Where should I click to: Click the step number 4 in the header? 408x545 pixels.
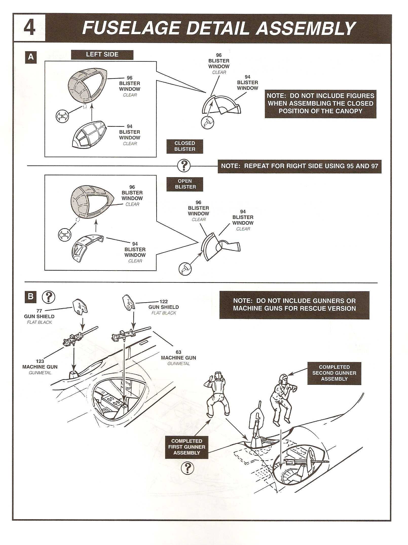coord(29,28)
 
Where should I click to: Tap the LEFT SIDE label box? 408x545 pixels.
coord(102,55)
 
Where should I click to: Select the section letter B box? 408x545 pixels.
coord(31,297)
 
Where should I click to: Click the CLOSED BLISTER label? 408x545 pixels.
coord(185,146)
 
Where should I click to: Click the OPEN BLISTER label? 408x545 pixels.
coord(185,184)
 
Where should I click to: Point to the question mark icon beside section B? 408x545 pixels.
coord(48,297)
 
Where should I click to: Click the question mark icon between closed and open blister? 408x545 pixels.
coord(184,166)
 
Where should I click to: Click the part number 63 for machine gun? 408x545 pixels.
coord(178,352)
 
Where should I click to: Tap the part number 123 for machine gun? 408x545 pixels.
coord(40,361)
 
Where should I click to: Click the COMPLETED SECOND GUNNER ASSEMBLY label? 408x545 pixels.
coord(334,373)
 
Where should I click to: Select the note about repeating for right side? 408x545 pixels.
coord(299,166)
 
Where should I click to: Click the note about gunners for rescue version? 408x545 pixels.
coord(294,305)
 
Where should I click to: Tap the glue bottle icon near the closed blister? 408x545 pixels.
coord(207,123)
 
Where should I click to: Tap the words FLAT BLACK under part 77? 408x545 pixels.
coord(39,322)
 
